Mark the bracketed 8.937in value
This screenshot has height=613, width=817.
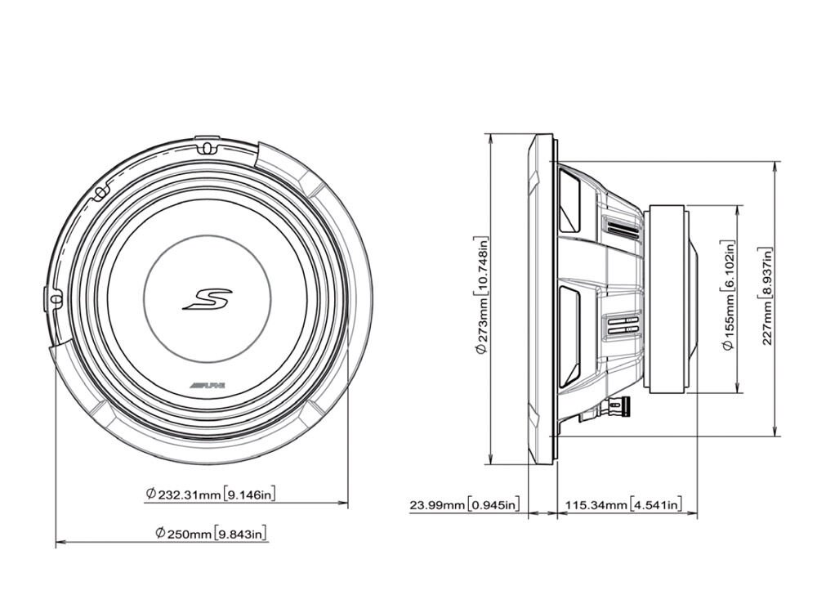coord(766,275)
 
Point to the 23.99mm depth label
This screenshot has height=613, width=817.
coord(438,505)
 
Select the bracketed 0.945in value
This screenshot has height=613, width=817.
coord(493,505)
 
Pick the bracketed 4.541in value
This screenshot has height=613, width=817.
coord(655,505)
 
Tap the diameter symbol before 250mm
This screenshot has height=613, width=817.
coord(161,534)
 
